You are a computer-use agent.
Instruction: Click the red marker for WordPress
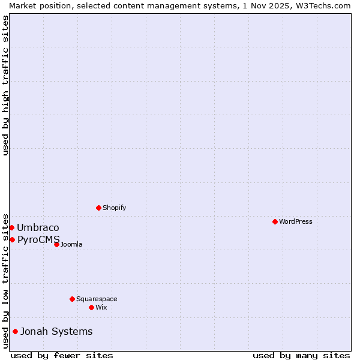(x=275, y=221)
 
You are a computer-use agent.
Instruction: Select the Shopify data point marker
(x=98, y=208)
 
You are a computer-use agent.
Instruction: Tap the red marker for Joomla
(x=56, y=244)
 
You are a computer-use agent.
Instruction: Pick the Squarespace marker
(x=72, y=299)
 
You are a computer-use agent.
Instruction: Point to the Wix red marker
(x=91, y=307)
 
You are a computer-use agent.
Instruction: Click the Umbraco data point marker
(x=11, y=227)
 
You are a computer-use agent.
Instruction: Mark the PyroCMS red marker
(x=12, y=239)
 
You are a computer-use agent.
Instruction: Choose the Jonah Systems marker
(x=15, y=331)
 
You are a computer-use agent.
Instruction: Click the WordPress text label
(x=296, y=221)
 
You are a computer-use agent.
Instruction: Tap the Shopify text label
(x=114, y=208)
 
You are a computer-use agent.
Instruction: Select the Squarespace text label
(x=97, y=299)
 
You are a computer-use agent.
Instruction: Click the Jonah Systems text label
(x=56, y=331)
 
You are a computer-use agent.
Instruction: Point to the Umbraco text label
(x=38, y=227)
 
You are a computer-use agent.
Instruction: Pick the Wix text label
(x=101, y=307)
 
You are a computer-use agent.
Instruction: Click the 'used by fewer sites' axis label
(x=62, y=355)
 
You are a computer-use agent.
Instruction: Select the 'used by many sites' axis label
(x=301, y=355)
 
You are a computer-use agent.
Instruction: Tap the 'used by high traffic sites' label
(x=5, y=85)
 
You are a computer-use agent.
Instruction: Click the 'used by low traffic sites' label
(x=5, y=280)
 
